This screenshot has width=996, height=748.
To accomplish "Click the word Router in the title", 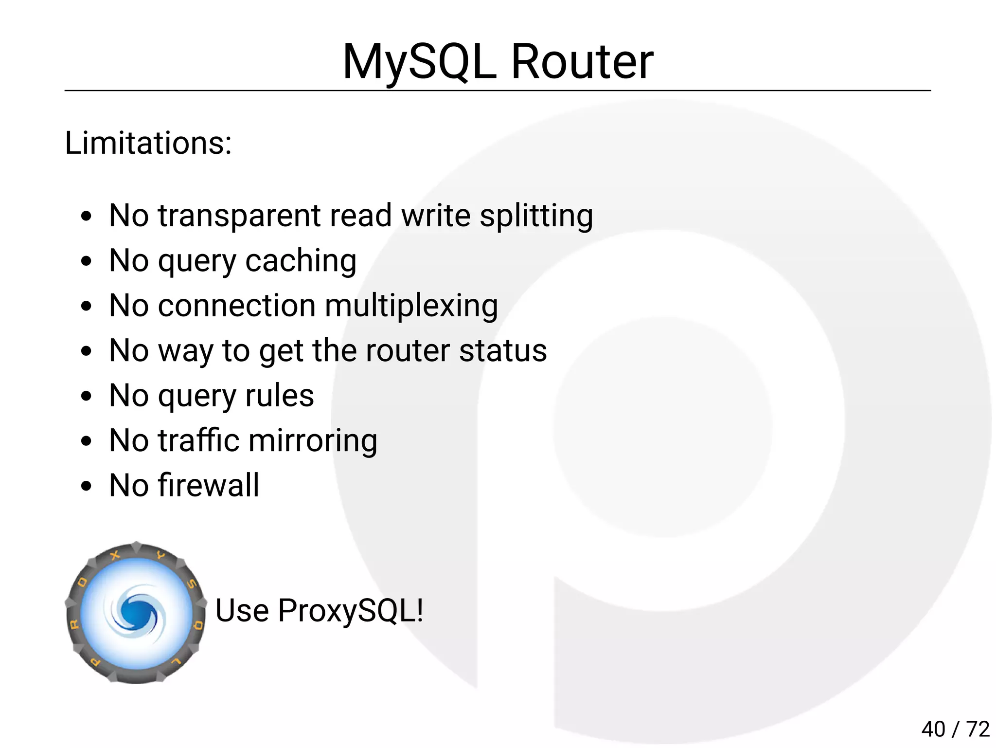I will point(582,62).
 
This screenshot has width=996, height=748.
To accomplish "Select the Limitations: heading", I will point(148,143).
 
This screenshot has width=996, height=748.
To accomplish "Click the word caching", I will point(301,261).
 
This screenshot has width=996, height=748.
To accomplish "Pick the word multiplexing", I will point(411,307).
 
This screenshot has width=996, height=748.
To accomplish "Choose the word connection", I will point(237,306).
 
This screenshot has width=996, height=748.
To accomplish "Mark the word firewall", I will point(208,485).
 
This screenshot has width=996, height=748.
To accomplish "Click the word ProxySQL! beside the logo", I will point(351,611).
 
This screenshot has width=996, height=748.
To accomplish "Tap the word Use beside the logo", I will point(242,611).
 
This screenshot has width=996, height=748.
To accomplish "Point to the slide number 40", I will point(933,729).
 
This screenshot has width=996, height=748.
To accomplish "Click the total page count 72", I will point(978,729).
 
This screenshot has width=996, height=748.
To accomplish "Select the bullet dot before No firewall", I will point(87,486).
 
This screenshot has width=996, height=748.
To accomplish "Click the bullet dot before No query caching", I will point(87,261).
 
